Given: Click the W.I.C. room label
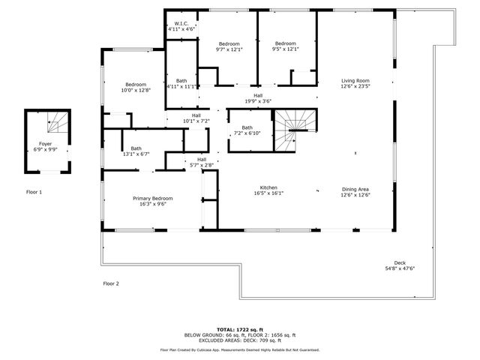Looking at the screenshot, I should pos(181,23).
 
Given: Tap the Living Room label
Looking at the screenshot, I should pos(355,80).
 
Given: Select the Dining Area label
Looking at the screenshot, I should pos(355,189).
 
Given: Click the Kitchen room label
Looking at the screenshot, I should pos(270,188).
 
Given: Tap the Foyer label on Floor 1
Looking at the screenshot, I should pos(46,142).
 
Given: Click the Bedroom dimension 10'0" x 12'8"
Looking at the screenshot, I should pos(136,90).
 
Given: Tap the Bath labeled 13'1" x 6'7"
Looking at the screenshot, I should pos(136,151).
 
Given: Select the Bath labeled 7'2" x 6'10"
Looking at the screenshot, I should pos(247,130).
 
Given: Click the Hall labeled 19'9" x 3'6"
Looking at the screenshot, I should pos(258,98).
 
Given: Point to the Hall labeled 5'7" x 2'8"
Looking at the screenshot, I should pos(202,162).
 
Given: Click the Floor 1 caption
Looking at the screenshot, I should pos(34,193).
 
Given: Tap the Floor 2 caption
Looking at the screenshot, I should pos(111,283).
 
